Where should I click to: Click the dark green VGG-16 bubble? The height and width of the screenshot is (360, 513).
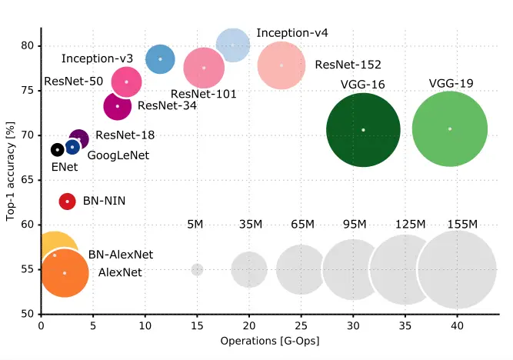pyautogui.click(x=363, y=129)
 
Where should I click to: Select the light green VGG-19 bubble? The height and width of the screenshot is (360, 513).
pyautogui.click(x=450, y=128)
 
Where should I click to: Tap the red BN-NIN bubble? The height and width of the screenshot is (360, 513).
pyautogui.click(x=68, y=202)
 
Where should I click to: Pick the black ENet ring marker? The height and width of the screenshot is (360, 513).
pyautogui.click(x=57, y=149)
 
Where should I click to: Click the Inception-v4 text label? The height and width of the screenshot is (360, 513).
pyautogui.click(x=292, y=33)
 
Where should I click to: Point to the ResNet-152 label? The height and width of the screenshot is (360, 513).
pyautogui.click(x=348, y=65)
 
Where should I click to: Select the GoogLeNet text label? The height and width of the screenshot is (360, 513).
pyautogui.click(x=118, y=155)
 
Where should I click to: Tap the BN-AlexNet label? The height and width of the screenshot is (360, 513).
pyautogui.click(x=121, y=255)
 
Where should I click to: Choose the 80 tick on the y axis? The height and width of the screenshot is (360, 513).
pyautogui.click(x=29, y=45)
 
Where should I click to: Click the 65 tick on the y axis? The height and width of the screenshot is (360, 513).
pyautogui.click(x=29, y=180)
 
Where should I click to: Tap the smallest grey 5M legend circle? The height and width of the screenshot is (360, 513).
pyautogui.click(x=197, y=270)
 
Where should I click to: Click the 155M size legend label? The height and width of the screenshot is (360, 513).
pyautogui.click(x=462, y=225)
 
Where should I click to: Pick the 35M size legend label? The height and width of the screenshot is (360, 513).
pyautogui.click(x=249, y=225)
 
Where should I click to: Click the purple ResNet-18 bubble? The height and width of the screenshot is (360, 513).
pyautogui.click(x=78, y=139)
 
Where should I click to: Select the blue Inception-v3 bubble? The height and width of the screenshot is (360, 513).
pyautogui.click(x=160, y=59)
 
